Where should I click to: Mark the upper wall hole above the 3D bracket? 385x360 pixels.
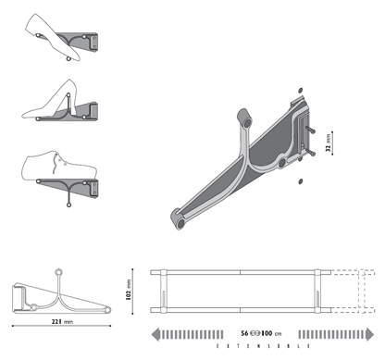301,89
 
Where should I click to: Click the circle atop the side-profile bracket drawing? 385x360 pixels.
58,272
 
